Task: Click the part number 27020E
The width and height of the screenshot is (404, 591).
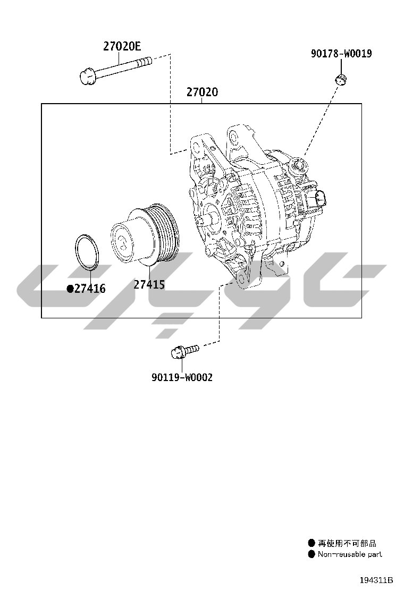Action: [122, 46]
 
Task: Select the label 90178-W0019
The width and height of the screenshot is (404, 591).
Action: [341, 54]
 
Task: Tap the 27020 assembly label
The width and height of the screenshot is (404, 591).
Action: [202, 92]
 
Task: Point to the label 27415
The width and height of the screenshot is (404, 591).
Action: [149, 284]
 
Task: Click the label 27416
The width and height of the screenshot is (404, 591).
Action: [90, 289]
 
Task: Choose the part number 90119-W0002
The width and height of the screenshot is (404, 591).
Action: [182, 377]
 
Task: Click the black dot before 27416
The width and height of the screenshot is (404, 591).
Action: [70, 289]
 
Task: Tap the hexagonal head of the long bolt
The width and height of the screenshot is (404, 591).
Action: [88, 77]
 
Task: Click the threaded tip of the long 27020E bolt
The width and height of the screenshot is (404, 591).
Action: [145, 62]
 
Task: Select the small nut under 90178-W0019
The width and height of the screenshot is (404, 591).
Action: [341, 79]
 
